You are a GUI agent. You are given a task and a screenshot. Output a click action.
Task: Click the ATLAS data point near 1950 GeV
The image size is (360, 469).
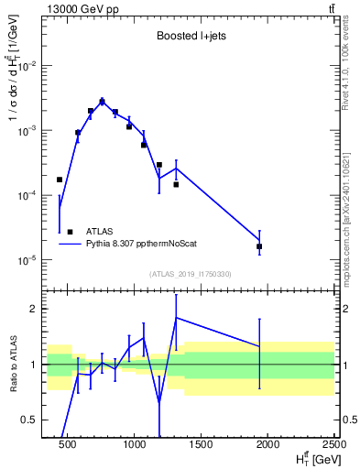(x=260, y=246)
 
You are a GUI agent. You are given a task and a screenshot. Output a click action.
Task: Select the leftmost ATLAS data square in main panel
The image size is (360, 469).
(x=60, y=180)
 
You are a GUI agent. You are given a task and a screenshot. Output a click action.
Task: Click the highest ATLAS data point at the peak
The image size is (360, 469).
(x=102, y=102)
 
